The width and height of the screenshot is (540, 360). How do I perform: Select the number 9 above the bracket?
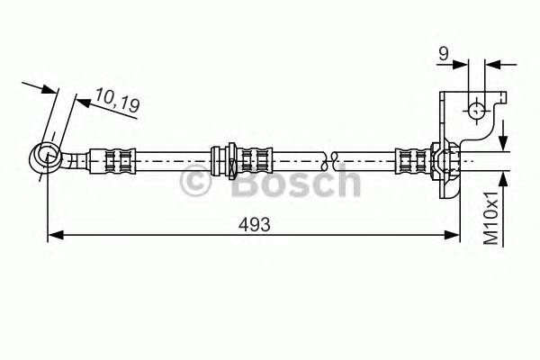point(444,54)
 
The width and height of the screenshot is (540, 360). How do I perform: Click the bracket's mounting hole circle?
point(476,111)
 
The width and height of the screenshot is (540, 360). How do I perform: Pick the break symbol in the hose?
point(333,160)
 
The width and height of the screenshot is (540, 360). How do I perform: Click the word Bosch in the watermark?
point(294,183)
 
